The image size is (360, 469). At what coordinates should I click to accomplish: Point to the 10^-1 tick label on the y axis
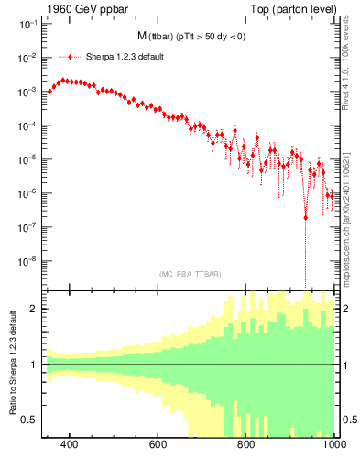pyautogui.click(x=27, y=26)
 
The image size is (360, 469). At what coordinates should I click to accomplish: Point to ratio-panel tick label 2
pyautogui.click(x=34, y=309)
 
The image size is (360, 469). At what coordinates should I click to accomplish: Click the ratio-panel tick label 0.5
pyautogui.click(x=30, y=420)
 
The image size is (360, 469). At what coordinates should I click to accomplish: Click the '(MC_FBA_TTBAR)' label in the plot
pyautogui.click(x=190, y=275)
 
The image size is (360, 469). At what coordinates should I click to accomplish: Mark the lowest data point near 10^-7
pyautogui.click(x=305, y=217)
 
